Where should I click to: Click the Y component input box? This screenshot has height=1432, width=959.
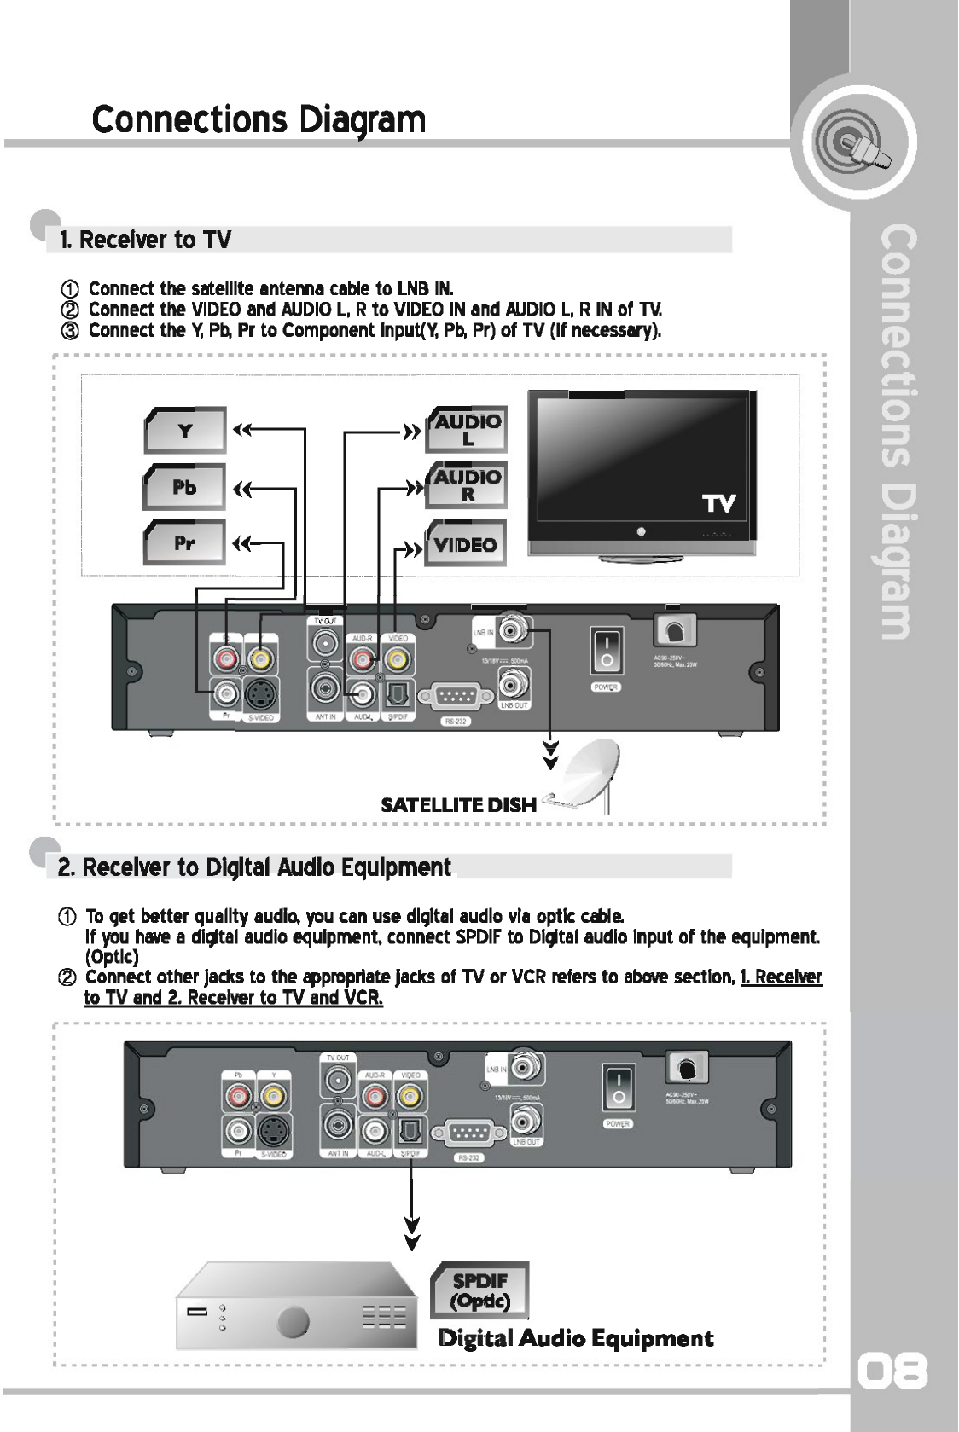tap(186, 431)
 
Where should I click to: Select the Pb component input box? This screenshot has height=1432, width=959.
tap(186, 487)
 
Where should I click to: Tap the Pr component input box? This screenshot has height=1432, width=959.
tap(186, 542)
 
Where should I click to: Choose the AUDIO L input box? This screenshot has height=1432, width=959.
tap(467, 429)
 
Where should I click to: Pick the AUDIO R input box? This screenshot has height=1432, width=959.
tap(467, 485)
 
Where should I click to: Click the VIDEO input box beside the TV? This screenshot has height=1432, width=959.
tap(466, 543)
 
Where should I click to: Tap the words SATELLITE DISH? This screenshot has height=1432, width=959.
tap(458, 804)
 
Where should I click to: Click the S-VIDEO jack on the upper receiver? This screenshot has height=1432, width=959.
tap(259, 696)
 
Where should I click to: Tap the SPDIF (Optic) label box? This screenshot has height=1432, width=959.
tap(480, 1290)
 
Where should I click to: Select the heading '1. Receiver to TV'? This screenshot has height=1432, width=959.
tap(145, 240)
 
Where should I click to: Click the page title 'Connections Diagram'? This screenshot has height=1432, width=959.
tap(259, 120)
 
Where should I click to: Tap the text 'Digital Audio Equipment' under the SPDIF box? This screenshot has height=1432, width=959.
tap(575, 1337)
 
